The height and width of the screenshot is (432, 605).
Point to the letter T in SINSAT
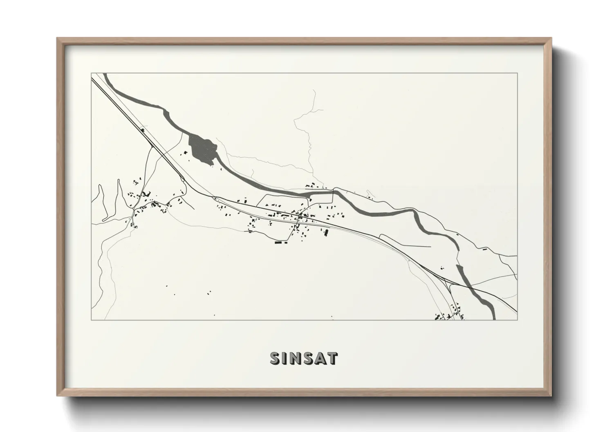[332, 358]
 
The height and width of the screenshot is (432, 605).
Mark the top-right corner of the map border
[517, 73]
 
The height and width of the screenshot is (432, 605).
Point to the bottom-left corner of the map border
[91, 320]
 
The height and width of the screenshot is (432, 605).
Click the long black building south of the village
[280, 243]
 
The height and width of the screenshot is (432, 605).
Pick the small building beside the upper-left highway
[143, 130]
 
